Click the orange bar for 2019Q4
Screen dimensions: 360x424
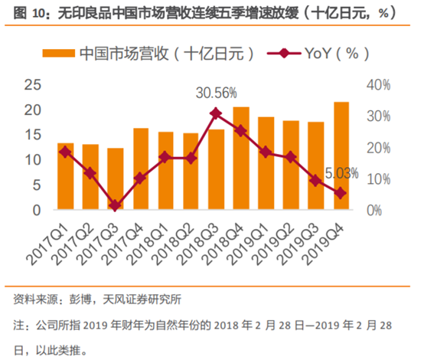341,155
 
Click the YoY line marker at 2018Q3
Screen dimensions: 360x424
215,113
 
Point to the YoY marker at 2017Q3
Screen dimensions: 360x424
115,205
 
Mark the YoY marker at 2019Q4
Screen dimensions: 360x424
341,193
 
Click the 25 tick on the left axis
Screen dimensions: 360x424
31,85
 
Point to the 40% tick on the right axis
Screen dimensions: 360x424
377,85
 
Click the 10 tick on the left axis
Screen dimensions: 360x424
31,160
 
